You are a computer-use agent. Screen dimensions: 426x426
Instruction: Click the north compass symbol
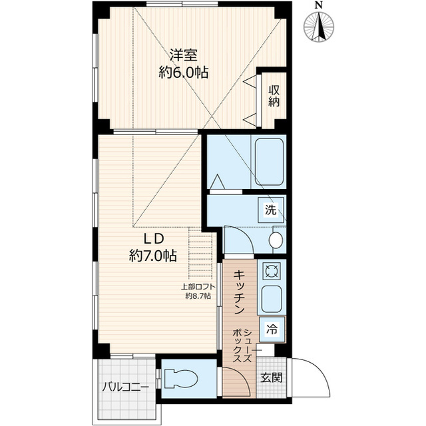tap(319, 26)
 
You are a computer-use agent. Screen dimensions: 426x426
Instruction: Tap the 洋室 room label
tap(182, 55)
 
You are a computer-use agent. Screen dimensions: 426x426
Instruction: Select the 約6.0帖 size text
tap(183, 73)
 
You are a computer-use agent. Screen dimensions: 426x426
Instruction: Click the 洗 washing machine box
tap(271, 210)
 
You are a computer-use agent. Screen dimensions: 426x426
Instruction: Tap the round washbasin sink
tap(276, 240)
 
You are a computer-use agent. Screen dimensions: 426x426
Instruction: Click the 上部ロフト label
tap(198, 287)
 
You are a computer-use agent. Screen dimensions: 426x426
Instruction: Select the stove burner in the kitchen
tap(271, 271)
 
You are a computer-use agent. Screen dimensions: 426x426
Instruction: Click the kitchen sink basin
tap(272, 300)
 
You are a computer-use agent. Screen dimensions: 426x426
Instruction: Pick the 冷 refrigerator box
tap(272, 327)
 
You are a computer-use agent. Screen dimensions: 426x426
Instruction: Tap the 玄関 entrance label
tap(271, 377)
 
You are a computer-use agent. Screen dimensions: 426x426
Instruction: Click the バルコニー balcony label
tap(125, 387)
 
